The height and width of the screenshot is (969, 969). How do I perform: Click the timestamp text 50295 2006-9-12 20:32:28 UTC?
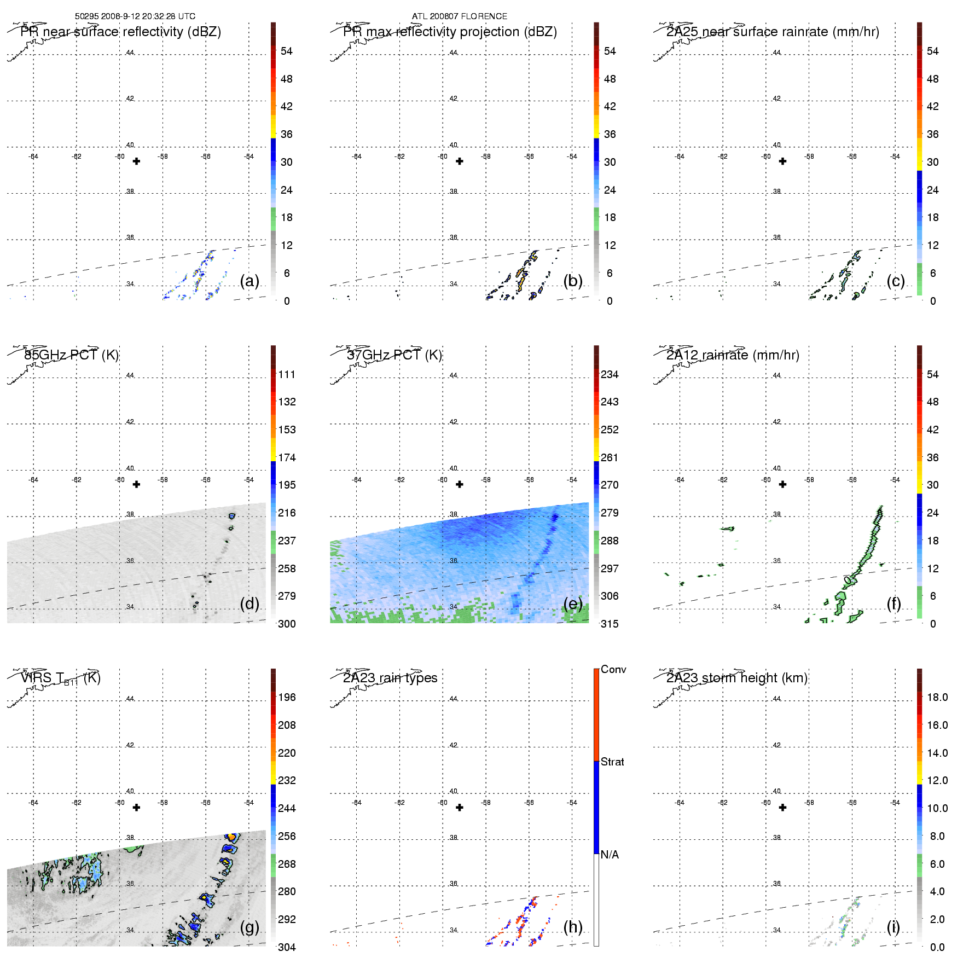point(135,16)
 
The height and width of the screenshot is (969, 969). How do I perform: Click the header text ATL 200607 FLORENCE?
point(459,16)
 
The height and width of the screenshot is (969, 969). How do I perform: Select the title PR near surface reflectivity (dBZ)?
point(120,32)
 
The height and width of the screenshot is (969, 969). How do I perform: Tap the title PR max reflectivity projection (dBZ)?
point(450,32)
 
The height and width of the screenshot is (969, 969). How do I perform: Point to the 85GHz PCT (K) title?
point(71,355)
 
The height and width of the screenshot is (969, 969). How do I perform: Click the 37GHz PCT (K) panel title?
point(394,355)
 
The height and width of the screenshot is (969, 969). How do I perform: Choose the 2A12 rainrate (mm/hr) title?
point(733,355)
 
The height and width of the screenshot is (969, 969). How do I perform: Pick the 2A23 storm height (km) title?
point(736,678)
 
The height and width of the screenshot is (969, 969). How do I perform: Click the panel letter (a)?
point(249,281)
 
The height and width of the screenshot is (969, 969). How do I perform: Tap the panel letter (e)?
point(573,604)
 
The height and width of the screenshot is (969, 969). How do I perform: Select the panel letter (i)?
point(893,927)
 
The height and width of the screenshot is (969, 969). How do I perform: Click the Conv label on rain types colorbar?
point(613,669)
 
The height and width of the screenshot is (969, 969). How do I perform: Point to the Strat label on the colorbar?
point(612,762)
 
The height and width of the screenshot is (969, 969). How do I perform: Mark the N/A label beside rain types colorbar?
point(610,855)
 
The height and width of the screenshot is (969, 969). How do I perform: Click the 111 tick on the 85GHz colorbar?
point(287,374)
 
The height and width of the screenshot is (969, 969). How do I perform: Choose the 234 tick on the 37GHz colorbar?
point(610,374)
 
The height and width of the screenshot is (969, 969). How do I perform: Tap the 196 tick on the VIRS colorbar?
point(287,697)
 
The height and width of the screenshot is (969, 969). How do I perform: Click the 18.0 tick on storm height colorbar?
point(937,697)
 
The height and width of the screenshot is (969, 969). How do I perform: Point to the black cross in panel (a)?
point(137,161)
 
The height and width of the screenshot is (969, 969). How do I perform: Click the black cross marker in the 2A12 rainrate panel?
point(782,484)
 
